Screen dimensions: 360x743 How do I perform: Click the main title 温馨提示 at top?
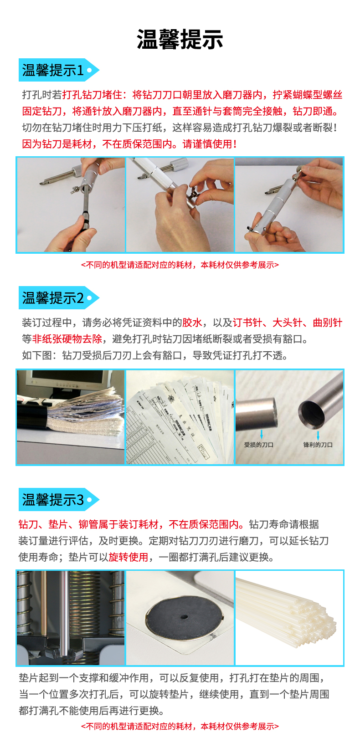pyautogui.click(x=180, y=40)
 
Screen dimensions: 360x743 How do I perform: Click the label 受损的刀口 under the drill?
pyautogui.click(x=258, y=445)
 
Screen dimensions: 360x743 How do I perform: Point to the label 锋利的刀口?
pyautogui.click(x=318, y=445)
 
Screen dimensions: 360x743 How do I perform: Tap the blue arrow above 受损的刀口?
pyautogui.click(x=262, y=434)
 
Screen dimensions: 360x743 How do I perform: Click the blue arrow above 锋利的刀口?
pyautogui.click(x=318, y=436)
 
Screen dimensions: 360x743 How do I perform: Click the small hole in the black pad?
pyautogui.click(x=184, y=617)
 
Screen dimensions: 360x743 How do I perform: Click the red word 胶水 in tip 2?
pyautogui.click(x=192, y=323)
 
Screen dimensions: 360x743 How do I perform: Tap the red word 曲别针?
pyautogui.click(x=328, y=323)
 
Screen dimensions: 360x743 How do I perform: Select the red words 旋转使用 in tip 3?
pyautogui.click(x=129, y=557)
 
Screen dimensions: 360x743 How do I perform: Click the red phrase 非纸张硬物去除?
pyautogui.click(x=67, y=338)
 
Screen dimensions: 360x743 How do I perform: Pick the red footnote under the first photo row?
pyautogui.click(x=180, y=265)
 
